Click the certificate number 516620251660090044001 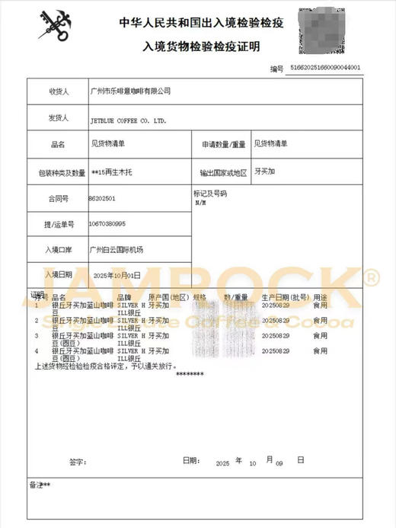327,69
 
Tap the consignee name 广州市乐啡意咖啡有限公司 130,91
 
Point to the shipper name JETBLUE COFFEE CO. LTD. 128,120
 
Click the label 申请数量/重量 224,144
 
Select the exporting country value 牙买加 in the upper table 265,171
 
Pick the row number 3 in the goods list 37,335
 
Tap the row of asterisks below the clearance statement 190,373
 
